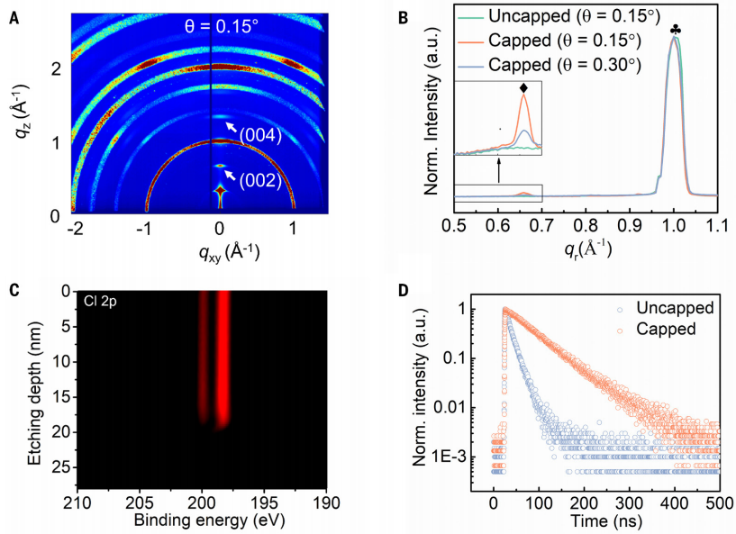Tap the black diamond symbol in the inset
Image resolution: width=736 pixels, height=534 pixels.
click(523, 88)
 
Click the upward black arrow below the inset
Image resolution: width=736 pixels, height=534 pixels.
click(498, 170)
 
